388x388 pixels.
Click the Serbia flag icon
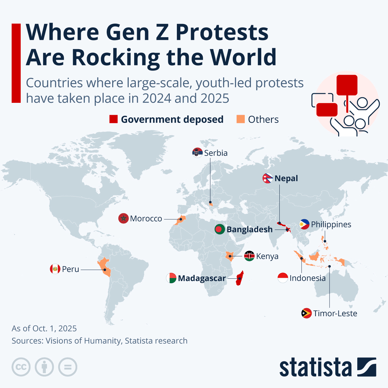[x=197, y=153]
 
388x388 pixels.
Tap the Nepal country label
[x=286, y=178]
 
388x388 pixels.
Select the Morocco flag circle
[x=124, y=219]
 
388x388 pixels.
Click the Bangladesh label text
[x=250, y=229]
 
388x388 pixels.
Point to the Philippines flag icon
[x=304, y=224]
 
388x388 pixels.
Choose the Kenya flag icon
[x=249, y=256]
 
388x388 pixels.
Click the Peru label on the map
[x=70, y=269]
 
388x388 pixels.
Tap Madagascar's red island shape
[x=240, y=278]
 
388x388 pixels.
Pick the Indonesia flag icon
[x=283, y=278]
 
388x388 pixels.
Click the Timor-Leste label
[x=335, y=314]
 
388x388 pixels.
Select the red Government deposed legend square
[x=113, y=119]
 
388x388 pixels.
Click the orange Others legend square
[x=241, y=119]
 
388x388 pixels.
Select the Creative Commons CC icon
[x=21, y=367]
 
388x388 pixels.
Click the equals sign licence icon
[x=68, y=367]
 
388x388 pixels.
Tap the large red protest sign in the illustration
[x=347, y=85]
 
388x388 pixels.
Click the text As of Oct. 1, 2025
[x=44, y=329]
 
